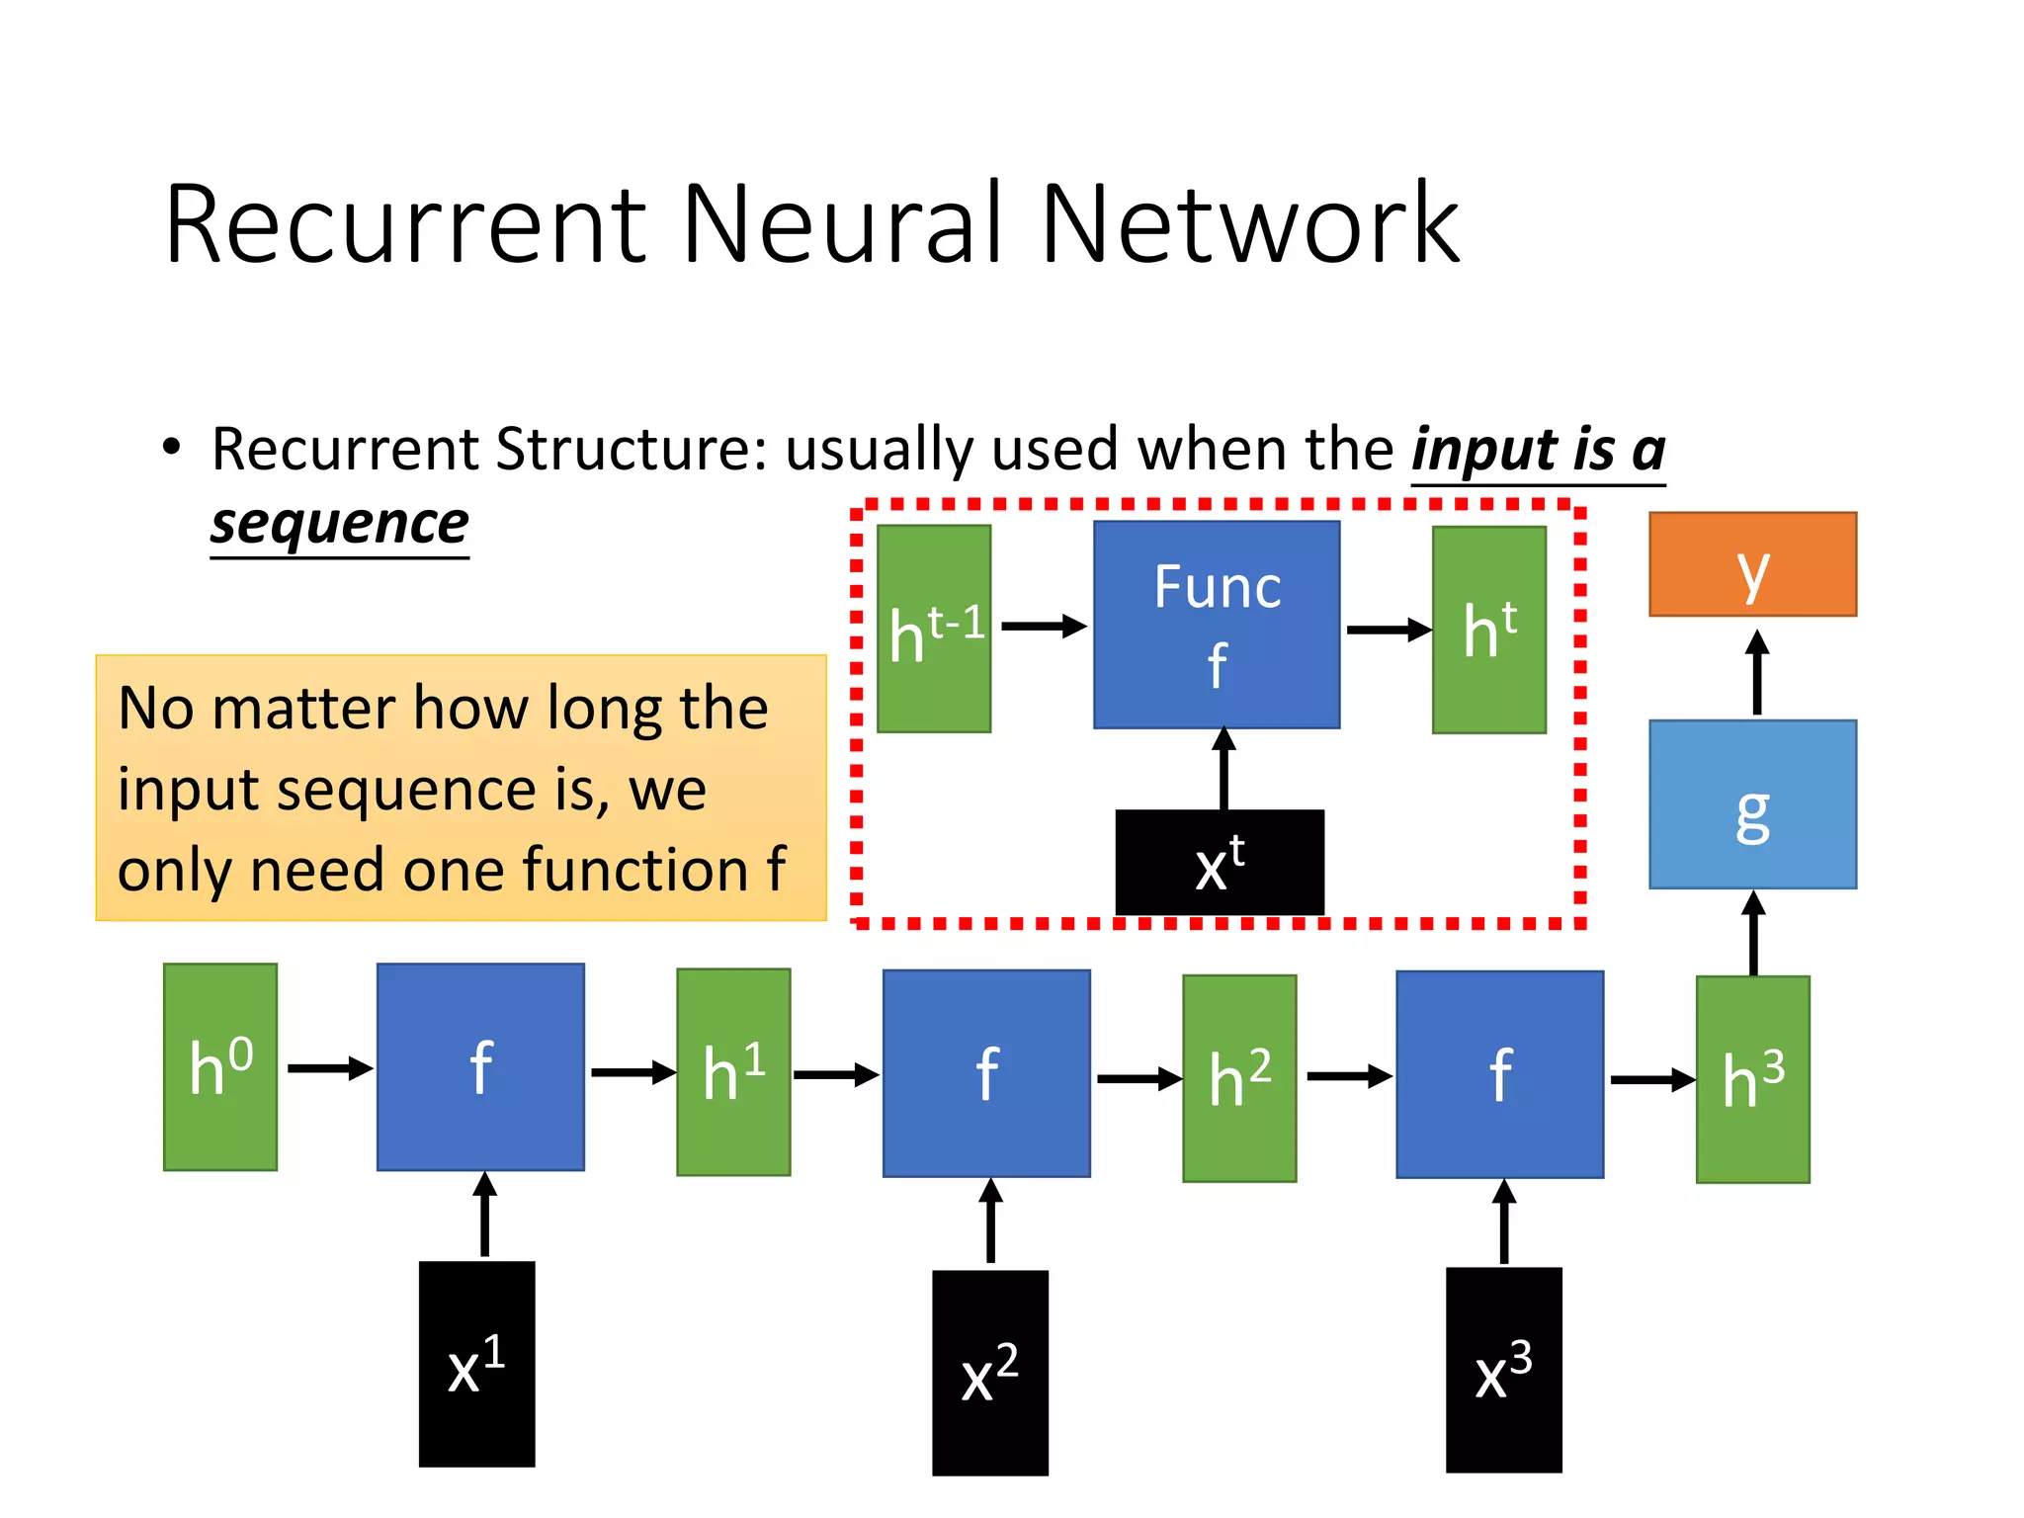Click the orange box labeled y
point(1752,564)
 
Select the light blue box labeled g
point(1752,803)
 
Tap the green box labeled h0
point(220,1067)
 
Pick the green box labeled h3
point(1752,1079)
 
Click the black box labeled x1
point(476,1364)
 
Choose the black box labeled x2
point(989,1373)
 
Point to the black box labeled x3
point(1503,1370)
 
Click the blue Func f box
point(1217,625)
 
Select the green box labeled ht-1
point(934,629)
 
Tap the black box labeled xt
point(1220,863)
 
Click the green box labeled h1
point(733,1072)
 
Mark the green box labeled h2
point(1239,1078)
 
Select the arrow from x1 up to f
point(484,1215)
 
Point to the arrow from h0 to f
point(329,1068)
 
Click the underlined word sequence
point(339,523)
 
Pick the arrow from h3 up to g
point(1753,933)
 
